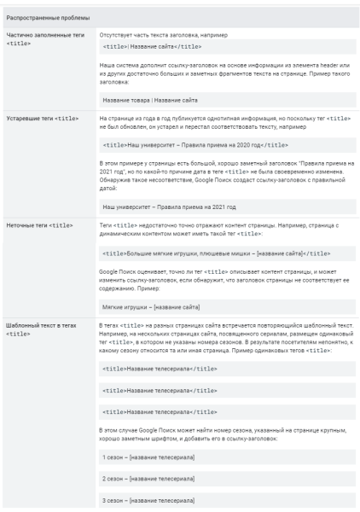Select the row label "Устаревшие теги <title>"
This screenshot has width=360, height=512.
(43, 116)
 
